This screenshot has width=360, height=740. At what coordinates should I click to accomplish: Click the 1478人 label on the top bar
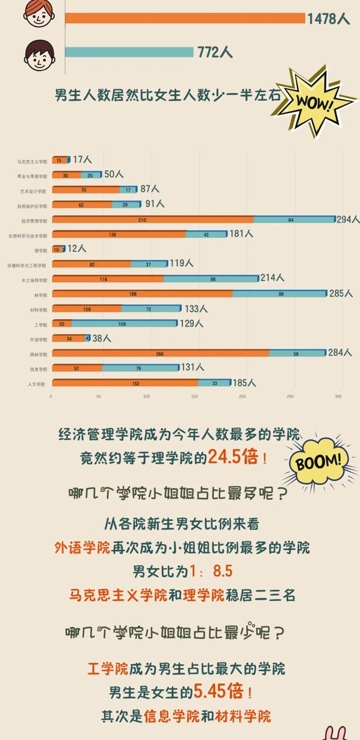tap(328, 19)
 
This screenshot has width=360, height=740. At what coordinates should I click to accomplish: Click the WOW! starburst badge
tap(315, 102)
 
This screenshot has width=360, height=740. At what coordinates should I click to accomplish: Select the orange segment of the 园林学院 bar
tap(160, 353)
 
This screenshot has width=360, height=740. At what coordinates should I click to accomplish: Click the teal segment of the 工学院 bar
tap(123, 323)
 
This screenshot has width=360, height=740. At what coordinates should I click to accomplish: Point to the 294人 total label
tap(348, 220)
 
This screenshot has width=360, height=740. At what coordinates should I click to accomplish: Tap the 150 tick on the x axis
tap(194, 397)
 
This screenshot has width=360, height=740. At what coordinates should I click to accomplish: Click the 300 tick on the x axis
tap(338, 397)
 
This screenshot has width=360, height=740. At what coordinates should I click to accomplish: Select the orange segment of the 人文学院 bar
tap(124, 383)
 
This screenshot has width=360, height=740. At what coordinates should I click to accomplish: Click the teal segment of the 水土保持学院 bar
tap(211, 279)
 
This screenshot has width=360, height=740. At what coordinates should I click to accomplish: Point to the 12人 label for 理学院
tap(77, 249)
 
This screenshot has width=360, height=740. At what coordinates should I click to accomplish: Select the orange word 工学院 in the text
tap(108, 668)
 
